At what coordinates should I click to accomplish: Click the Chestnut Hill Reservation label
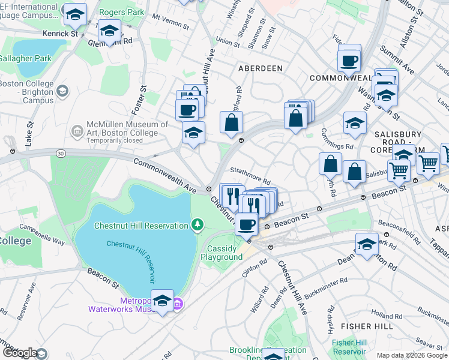[x=142, y=226]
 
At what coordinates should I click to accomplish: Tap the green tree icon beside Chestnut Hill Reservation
[x=196, y=225]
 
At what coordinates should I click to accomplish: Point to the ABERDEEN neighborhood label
[x=261, y=68]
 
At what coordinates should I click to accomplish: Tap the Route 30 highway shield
[x=61, y=154]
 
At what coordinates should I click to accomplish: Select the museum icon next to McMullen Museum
[x=77, y=131]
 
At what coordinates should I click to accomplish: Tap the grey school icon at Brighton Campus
[x=61, y=91]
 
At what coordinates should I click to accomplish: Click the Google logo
[x=20, y=353]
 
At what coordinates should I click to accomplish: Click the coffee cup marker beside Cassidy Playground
[x=246, y=224]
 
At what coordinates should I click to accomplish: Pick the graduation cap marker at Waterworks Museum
[x=162, y=301]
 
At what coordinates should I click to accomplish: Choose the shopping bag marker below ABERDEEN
[x=231, y=123]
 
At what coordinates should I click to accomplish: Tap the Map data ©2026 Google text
[x=412, y=355]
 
